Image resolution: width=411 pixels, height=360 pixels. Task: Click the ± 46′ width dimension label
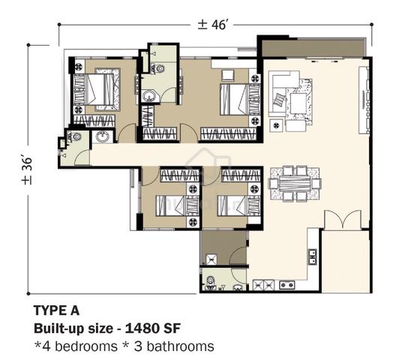211,25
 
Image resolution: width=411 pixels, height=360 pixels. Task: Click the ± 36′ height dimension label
27,171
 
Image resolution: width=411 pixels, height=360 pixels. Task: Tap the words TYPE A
56,310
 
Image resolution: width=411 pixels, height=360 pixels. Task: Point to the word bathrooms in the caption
180,346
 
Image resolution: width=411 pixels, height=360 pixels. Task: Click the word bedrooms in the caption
86,346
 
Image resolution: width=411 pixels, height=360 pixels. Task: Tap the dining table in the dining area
295,184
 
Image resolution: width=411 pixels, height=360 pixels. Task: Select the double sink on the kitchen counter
313,256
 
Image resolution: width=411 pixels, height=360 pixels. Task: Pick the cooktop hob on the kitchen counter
287,285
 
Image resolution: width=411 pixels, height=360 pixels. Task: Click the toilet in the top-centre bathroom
157,69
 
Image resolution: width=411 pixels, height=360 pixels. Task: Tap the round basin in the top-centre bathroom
149,96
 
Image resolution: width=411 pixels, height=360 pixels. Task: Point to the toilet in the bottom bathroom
210,283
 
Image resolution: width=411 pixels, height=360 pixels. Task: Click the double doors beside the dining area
343,219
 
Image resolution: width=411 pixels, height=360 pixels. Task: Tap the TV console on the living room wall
364,100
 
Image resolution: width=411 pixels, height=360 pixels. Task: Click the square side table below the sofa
276,125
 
